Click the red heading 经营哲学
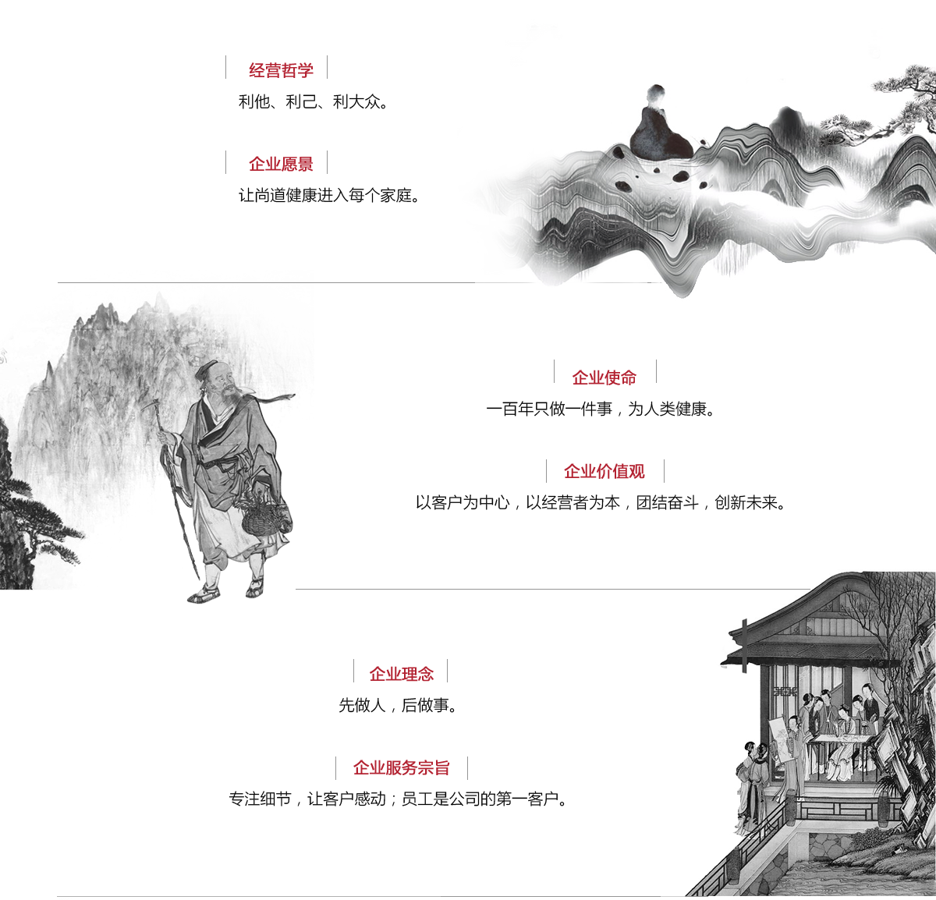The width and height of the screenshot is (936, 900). coord(281,70)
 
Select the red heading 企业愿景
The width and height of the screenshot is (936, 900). coord(281,164)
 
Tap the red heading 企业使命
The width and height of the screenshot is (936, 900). coord(604,377)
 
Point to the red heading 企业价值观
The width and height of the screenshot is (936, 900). coord(604,471)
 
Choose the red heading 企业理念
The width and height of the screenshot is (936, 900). coord(401,673)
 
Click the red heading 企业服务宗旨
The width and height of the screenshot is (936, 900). coord(401,767)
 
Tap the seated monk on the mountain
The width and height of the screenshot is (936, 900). coord(658,125)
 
